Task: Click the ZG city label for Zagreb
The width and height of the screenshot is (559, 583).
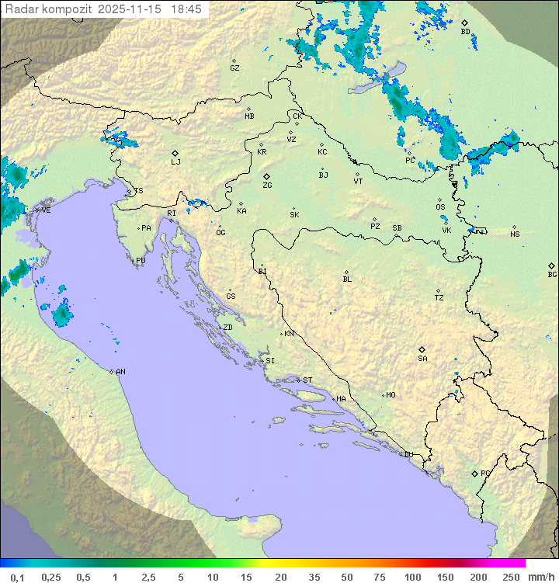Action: [267, 186]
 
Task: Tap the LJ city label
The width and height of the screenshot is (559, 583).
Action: [175, 162]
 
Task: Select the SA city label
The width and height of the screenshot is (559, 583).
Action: [422, 358]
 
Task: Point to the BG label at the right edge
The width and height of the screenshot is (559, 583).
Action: [552, 274]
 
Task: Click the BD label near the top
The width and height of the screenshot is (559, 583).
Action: [465, 32]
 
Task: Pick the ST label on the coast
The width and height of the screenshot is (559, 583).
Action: [307, 380]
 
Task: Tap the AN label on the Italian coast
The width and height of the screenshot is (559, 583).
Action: [120, 372]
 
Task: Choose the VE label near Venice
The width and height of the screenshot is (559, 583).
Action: [46, 210]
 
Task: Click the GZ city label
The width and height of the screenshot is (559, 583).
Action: [234, 68]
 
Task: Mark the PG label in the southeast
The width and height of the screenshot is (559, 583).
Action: [485, 473]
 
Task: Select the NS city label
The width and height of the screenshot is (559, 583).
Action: [515, 234]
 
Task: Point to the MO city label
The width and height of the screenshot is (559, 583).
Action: [391, 395]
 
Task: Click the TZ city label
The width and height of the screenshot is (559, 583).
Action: [439, 298]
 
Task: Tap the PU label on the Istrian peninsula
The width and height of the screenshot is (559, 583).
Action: [141, 261]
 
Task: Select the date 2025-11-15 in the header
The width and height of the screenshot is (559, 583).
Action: [130, 9]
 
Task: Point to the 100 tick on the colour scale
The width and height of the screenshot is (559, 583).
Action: [412, 577]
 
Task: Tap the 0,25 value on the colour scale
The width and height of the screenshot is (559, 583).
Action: [51, 577]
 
